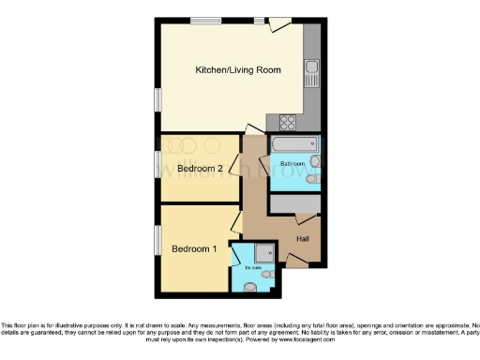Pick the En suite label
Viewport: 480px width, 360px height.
pyautogui.click(x=251, y=267)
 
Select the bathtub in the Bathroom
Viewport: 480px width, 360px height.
pyautogui.click(x=294, y=145)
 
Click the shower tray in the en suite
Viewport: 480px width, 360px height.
pyautogui.click(x=262, y=251)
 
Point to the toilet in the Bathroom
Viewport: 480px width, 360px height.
pyautogui.click(x=314, y=164)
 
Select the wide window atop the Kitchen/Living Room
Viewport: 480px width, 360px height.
pyautogui.click(x=205, y=20)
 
